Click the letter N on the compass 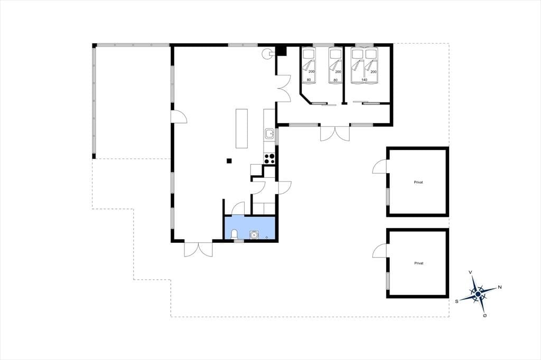(500, 287)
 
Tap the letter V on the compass (470, 272)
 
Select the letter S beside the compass (457, 301)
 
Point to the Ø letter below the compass (485, 316)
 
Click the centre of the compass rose (478, 294)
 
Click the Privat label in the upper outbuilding (418, 182)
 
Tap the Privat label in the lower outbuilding (418, 263)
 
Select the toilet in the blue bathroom (234, 234)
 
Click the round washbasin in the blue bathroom (254, 234)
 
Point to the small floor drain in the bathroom (267, 237)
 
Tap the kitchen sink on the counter (269, 133)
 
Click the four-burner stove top (269, 158)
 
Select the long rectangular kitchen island (242, 128)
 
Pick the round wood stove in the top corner (267, 53)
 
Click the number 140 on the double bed (364, 80)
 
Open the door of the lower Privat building (379, 250)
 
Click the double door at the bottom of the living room (199, 249)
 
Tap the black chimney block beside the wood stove (282, 51)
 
